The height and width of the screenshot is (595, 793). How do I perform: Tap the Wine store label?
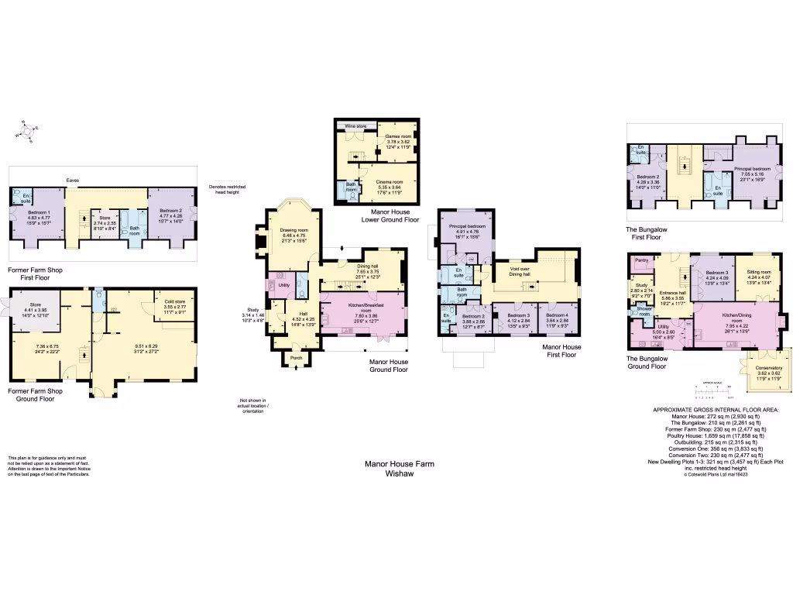pyautogui.click(x=355, y=125)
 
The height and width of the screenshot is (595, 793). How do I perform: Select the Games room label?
pyautogui.click(x=398, y=136)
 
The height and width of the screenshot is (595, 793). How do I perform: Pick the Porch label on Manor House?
pyautogui.click(x=296, y=357)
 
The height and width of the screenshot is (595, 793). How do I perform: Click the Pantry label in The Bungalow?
pyautogui.click(x=641, y=260)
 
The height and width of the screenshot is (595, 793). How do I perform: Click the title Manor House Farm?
pyautogui.click(x=399, y=464)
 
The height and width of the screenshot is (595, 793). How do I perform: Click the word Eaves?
pyautogui.click(x=72, y=180)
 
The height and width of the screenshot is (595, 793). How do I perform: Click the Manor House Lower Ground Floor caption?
pyautogui.click(x=390, y=215)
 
